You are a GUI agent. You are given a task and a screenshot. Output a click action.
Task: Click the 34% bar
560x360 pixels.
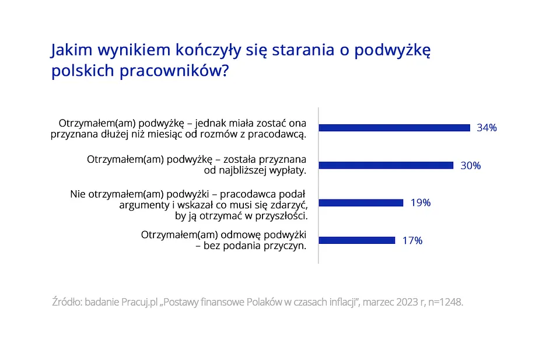coord(394,128)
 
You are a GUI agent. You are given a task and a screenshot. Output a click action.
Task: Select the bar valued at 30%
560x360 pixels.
coord(386,165)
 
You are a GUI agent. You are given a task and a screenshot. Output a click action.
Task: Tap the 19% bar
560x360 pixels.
coord(361,202)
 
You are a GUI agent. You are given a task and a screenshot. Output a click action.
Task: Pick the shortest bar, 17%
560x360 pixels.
coord(357,240)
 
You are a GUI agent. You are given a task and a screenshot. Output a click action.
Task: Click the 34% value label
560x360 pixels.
coord(487,128)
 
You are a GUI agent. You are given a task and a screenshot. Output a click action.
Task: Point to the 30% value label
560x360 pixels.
coord(471,165)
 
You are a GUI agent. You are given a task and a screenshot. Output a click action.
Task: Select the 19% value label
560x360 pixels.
coord(421,202)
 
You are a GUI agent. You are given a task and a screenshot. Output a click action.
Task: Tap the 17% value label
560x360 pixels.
coord(412,240)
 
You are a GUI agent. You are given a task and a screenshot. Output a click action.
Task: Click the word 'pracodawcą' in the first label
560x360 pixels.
coord(279,134)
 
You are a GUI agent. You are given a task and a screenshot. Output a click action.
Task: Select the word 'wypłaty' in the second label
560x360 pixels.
coord(286,171)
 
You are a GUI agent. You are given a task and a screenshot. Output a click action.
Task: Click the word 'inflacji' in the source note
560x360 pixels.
coord(337,303)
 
